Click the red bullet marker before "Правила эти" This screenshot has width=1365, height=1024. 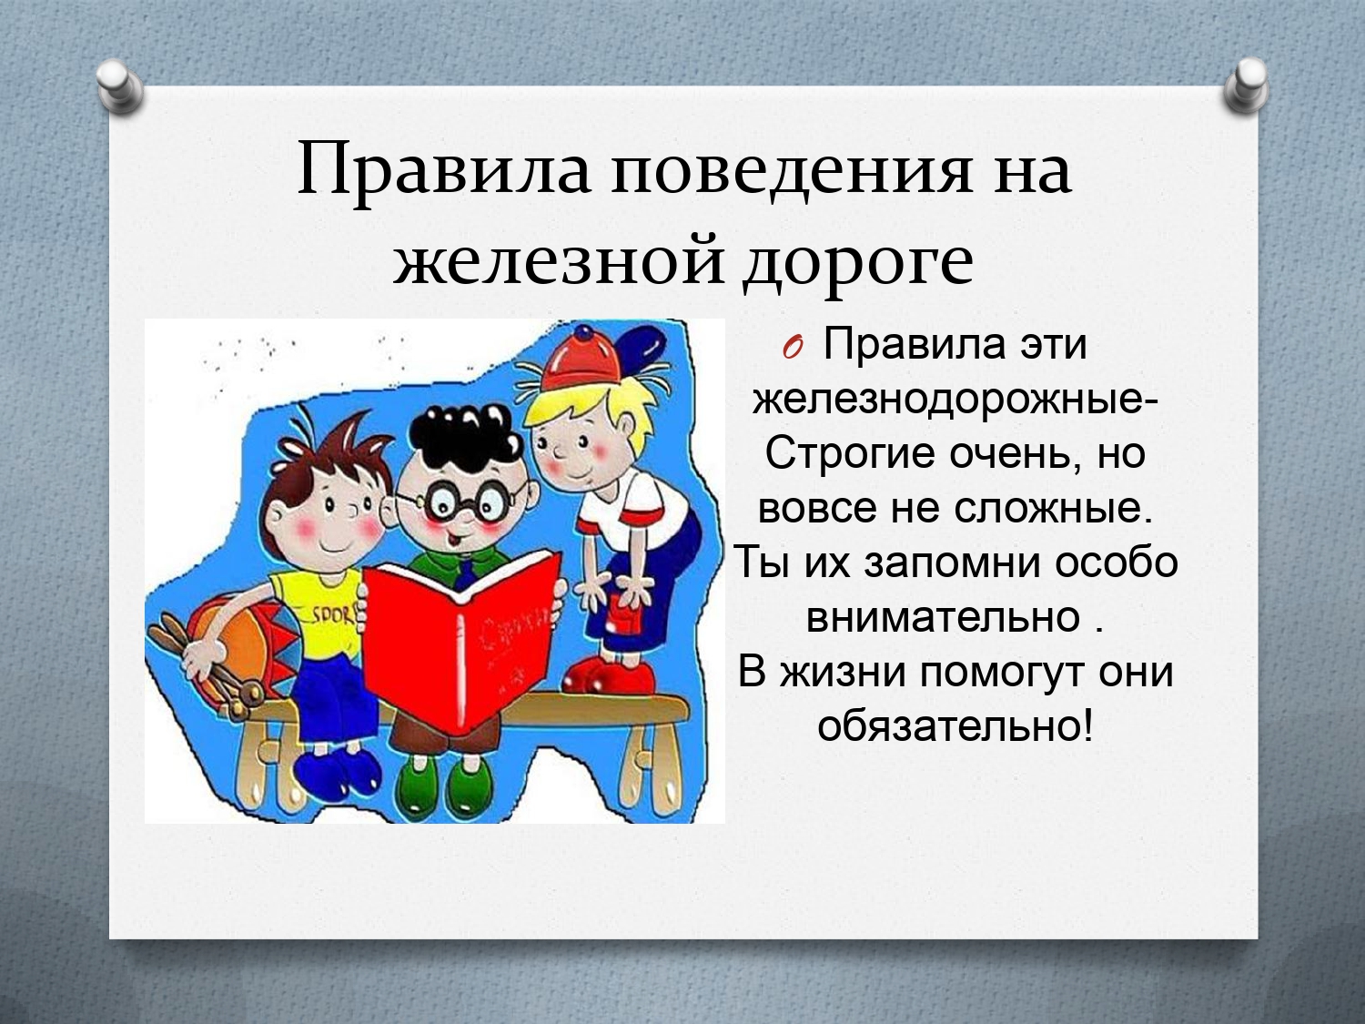[x=793, y=350]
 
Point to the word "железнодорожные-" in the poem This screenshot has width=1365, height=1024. [x=955, y=401]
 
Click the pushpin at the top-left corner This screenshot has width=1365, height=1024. [x=121, y=86]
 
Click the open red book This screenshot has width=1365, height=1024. [x=462, y=640]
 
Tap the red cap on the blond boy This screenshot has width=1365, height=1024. [x=581, y=359]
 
